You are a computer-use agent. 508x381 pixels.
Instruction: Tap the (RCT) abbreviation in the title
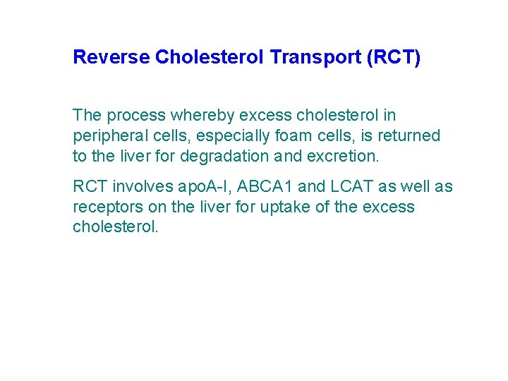point(393,57)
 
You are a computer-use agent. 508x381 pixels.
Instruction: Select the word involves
point(137,187)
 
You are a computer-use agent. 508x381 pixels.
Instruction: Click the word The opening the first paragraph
point(87,115)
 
